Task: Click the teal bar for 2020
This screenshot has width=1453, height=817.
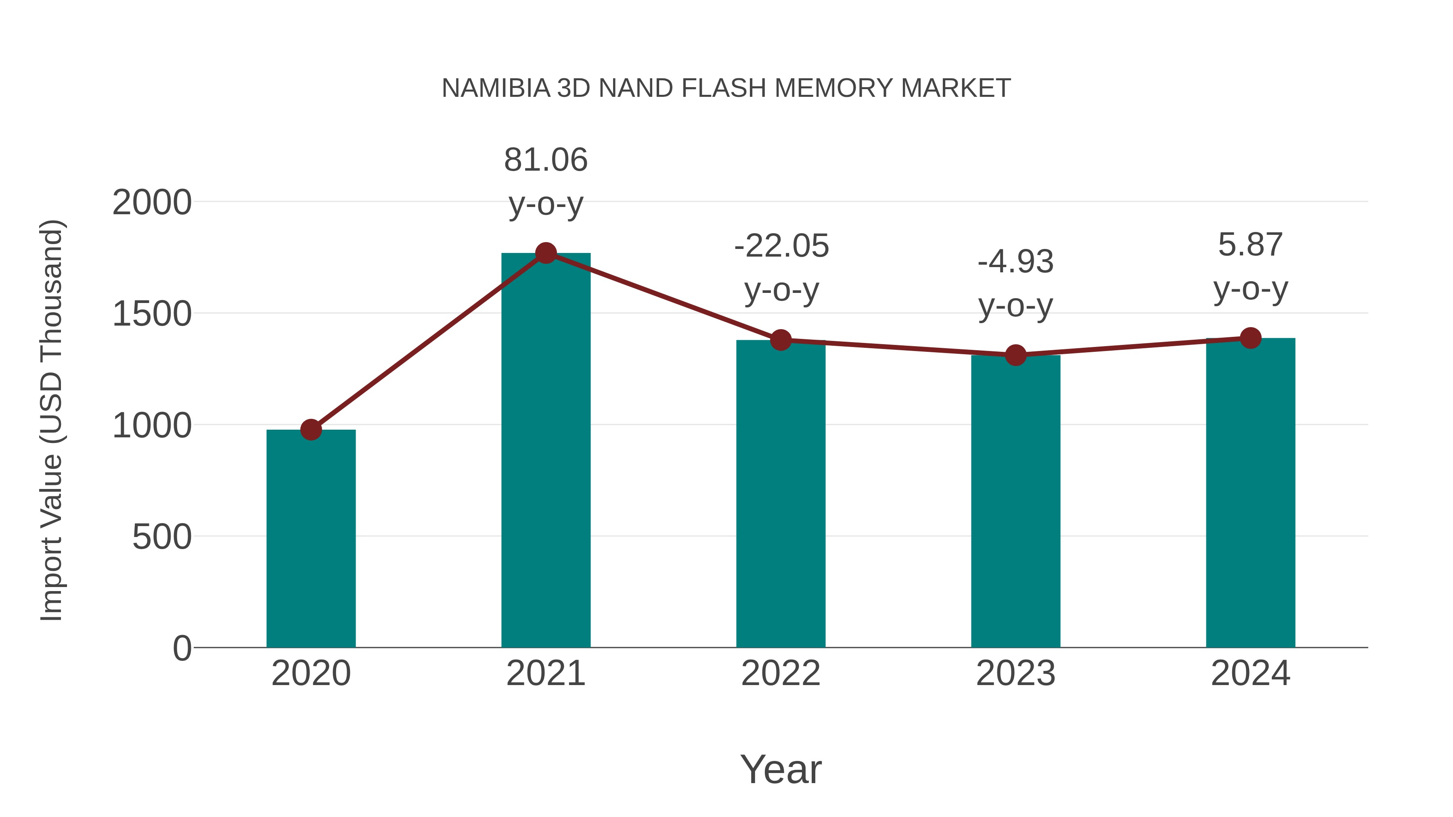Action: [311, 539]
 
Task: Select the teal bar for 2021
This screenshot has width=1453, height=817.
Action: [545, 451]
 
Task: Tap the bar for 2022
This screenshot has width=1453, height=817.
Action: [781, 494]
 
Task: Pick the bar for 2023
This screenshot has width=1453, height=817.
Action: [1015, 502]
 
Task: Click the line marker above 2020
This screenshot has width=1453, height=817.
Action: [311, 430]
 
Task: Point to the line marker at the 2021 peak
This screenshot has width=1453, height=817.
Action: [545, 253]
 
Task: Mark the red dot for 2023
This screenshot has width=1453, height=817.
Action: [1015, 355]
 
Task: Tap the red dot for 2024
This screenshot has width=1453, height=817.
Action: [1250, 338]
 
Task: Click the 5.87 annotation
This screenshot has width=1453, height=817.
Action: [1250, 245]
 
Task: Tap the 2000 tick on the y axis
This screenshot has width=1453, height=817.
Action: [152, 203]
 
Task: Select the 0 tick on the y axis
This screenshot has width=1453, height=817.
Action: [182, 648]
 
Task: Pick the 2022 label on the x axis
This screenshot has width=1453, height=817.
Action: [781, 673]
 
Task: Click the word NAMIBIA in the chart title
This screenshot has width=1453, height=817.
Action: [495, 88]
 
